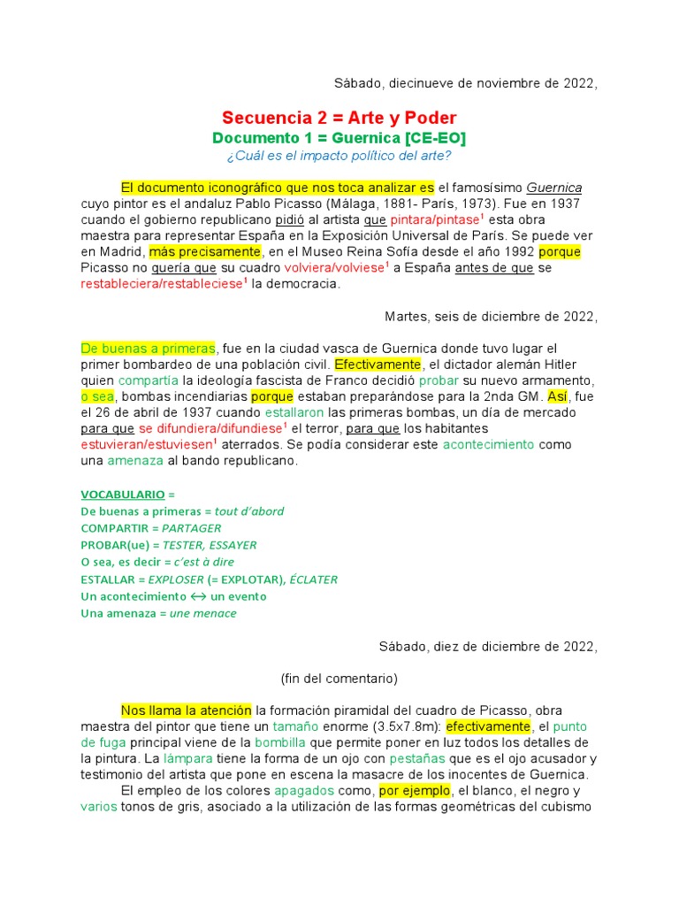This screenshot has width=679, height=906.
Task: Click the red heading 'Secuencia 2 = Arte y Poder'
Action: pyautogui.click(x=339, y=118)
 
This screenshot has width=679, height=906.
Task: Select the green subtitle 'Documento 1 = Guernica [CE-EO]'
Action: pyautogui.click(x=339, y=138)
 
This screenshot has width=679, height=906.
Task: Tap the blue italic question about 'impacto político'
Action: pyautogui.click(x=339, y=157)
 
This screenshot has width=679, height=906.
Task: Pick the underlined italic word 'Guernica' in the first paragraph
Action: pyautogui.click(x=554, y=188)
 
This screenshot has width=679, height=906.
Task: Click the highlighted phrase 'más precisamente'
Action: pyautogui.click(x=187, y=252)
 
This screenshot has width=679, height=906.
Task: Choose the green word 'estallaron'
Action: pyautogui.click(x=295, y=412)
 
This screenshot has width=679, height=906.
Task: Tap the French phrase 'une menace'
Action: pyautogui.click(x=202, y=613)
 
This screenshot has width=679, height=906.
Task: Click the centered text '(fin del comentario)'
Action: pyautogui.click(x=339, y=679)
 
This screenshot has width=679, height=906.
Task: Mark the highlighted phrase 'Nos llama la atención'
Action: pyautogui.click(x=186, y=710)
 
